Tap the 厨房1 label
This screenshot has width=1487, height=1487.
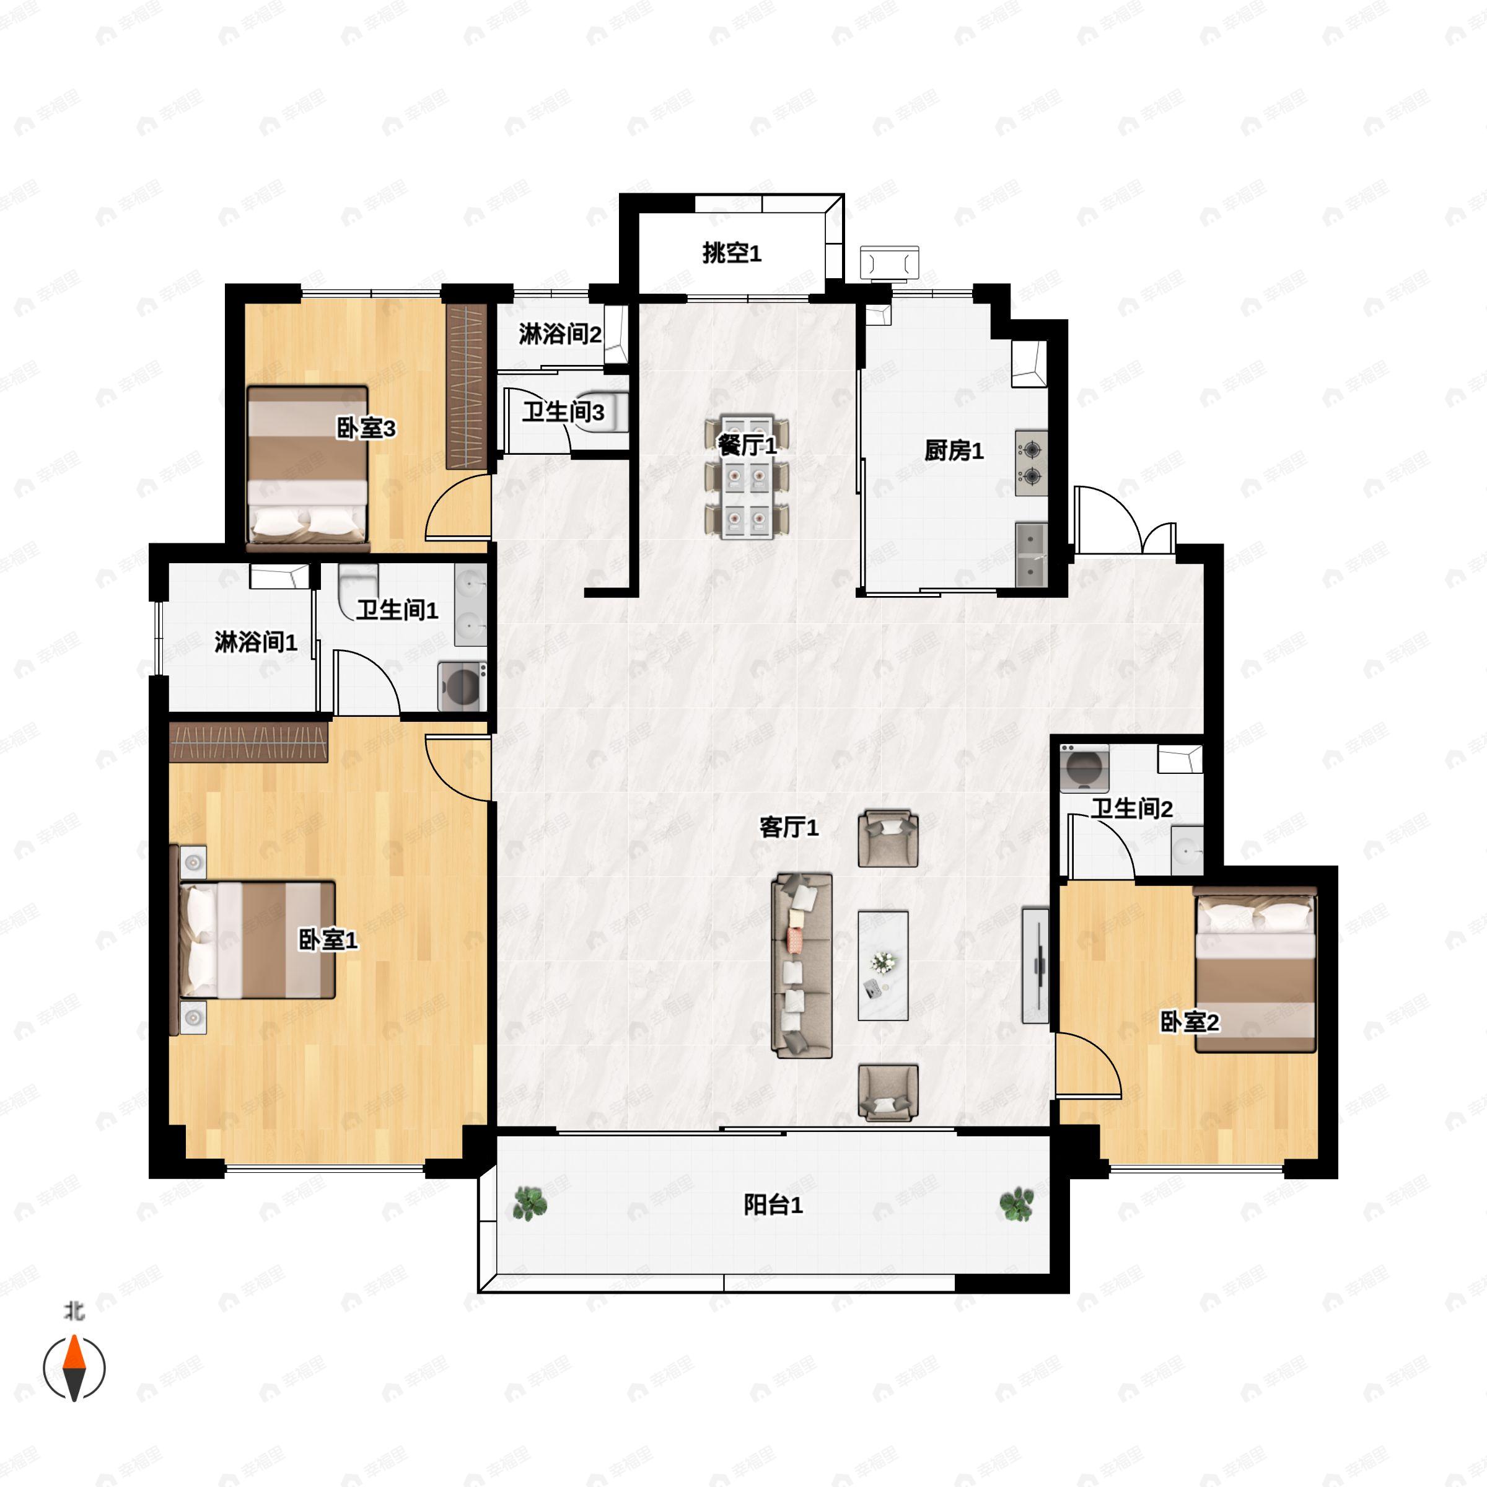point(954,451)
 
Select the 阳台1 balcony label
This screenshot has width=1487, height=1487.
point(773,1204)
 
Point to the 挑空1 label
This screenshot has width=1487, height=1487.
point(731,253)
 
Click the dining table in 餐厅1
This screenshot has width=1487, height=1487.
point(747,477)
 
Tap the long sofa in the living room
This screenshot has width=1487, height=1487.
point(802,965)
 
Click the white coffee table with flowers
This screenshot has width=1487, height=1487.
point(883,965)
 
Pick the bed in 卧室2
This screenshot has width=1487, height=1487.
point(1255,970)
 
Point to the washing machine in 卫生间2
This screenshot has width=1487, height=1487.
point(1084,768)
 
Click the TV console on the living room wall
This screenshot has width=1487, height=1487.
point(1035,965)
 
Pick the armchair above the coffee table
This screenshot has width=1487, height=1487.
point(888,838)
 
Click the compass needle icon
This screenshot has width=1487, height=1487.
point(74,1367)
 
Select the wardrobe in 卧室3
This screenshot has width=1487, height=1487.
point(467,387)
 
